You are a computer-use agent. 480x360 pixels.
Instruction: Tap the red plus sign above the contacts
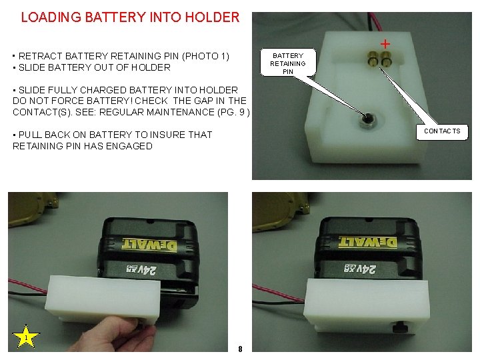[x=385, y=43]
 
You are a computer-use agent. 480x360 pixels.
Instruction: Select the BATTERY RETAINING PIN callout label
[x=287, y=63]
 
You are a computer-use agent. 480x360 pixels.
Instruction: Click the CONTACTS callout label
[x=442, y=131]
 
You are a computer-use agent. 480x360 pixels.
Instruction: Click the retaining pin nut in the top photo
[x=365, y=120]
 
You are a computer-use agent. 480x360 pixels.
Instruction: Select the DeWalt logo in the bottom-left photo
[x=149, y=245]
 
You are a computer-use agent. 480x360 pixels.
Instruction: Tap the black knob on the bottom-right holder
[x=400, y=328]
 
